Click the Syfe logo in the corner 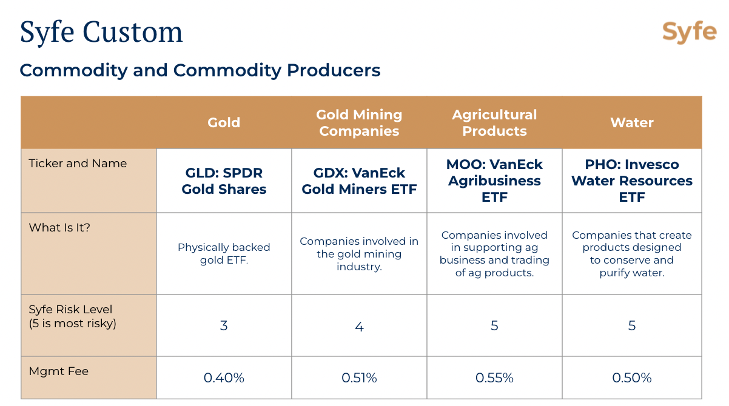pos(690,32)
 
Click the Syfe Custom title pos(101,32)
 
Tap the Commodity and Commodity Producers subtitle pos(200,70)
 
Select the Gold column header pos(224,122)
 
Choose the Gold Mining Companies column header pos(359,122)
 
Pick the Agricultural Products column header pos(494,122)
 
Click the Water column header pos(632,122)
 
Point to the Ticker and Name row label pos(78,163)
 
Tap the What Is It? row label pos(59,228)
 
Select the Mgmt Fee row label pos(59,371)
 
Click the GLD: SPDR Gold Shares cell pos(224,181)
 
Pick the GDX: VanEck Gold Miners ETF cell pos(359,181)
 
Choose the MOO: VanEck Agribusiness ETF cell pos(494,181)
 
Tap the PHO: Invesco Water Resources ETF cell pos(632,181)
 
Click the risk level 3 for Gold pos(224,325)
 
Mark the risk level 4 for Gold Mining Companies pos(359,327)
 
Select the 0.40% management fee pos(224,378)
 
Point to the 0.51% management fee pos(359,378)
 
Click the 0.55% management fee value pos(494,378)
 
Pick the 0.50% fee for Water pos(632,378)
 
